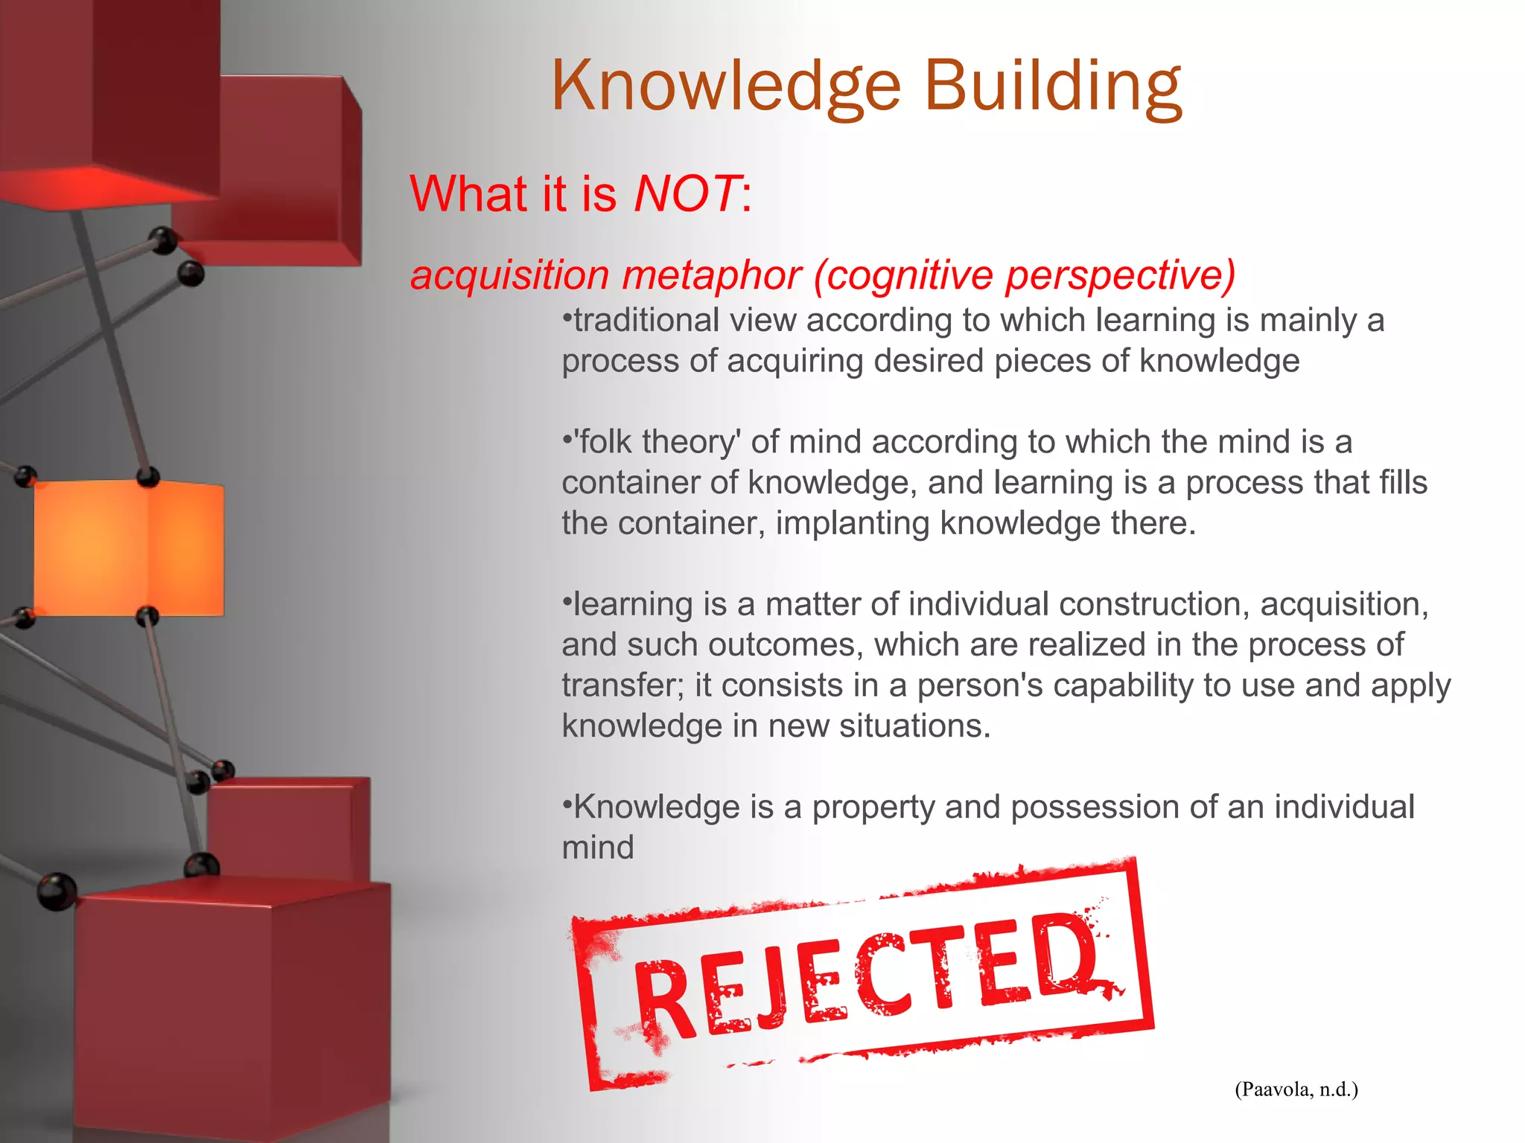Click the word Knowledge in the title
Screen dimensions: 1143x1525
point(726,88)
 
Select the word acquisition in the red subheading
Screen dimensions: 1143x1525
point(510,275)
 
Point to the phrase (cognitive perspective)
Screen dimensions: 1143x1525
point(1025,275)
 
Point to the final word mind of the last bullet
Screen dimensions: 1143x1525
point(598,848)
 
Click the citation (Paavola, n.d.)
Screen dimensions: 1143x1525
point(1296,1089)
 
